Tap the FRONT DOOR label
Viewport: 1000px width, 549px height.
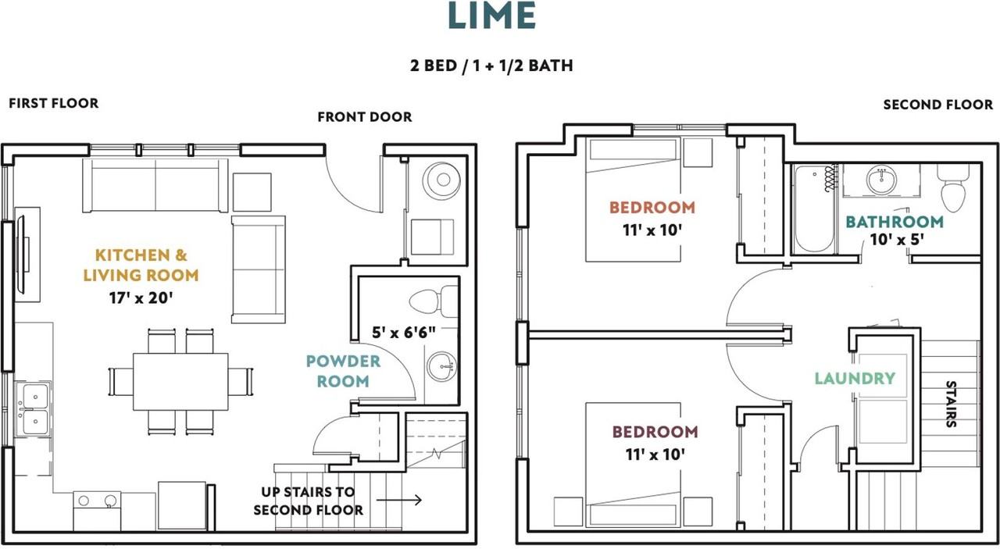(x=365, y=117)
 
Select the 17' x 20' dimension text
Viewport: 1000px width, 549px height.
(x=141, y=298)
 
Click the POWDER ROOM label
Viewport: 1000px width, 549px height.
(x=343, y=371)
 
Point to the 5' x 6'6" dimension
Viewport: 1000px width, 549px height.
(x=404, y=332)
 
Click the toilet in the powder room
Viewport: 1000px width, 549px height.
(x=434, y=301)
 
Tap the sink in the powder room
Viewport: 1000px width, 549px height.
(x=441, y=366)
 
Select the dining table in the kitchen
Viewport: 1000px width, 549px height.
(x=180, y=382)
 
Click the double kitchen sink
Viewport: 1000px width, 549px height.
(x=34, y=409)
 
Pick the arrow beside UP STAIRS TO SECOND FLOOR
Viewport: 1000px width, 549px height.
(x=399, y=500)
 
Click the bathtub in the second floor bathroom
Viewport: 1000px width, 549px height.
(x=814, y=209)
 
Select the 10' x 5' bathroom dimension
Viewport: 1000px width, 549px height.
(x=897, y=240)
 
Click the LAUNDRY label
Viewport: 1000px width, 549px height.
(x=855, y=379)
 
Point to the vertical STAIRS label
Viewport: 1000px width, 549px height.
(x=952, y=404)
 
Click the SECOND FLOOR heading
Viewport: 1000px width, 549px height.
(x=938, y=105)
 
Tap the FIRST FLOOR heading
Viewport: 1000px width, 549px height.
(x=54, y=103)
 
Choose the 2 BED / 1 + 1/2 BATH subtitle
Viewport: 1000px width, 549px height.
(x=491, y=66)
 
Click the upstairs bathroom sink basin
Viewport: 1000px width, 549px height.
(x=880, y=180)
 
